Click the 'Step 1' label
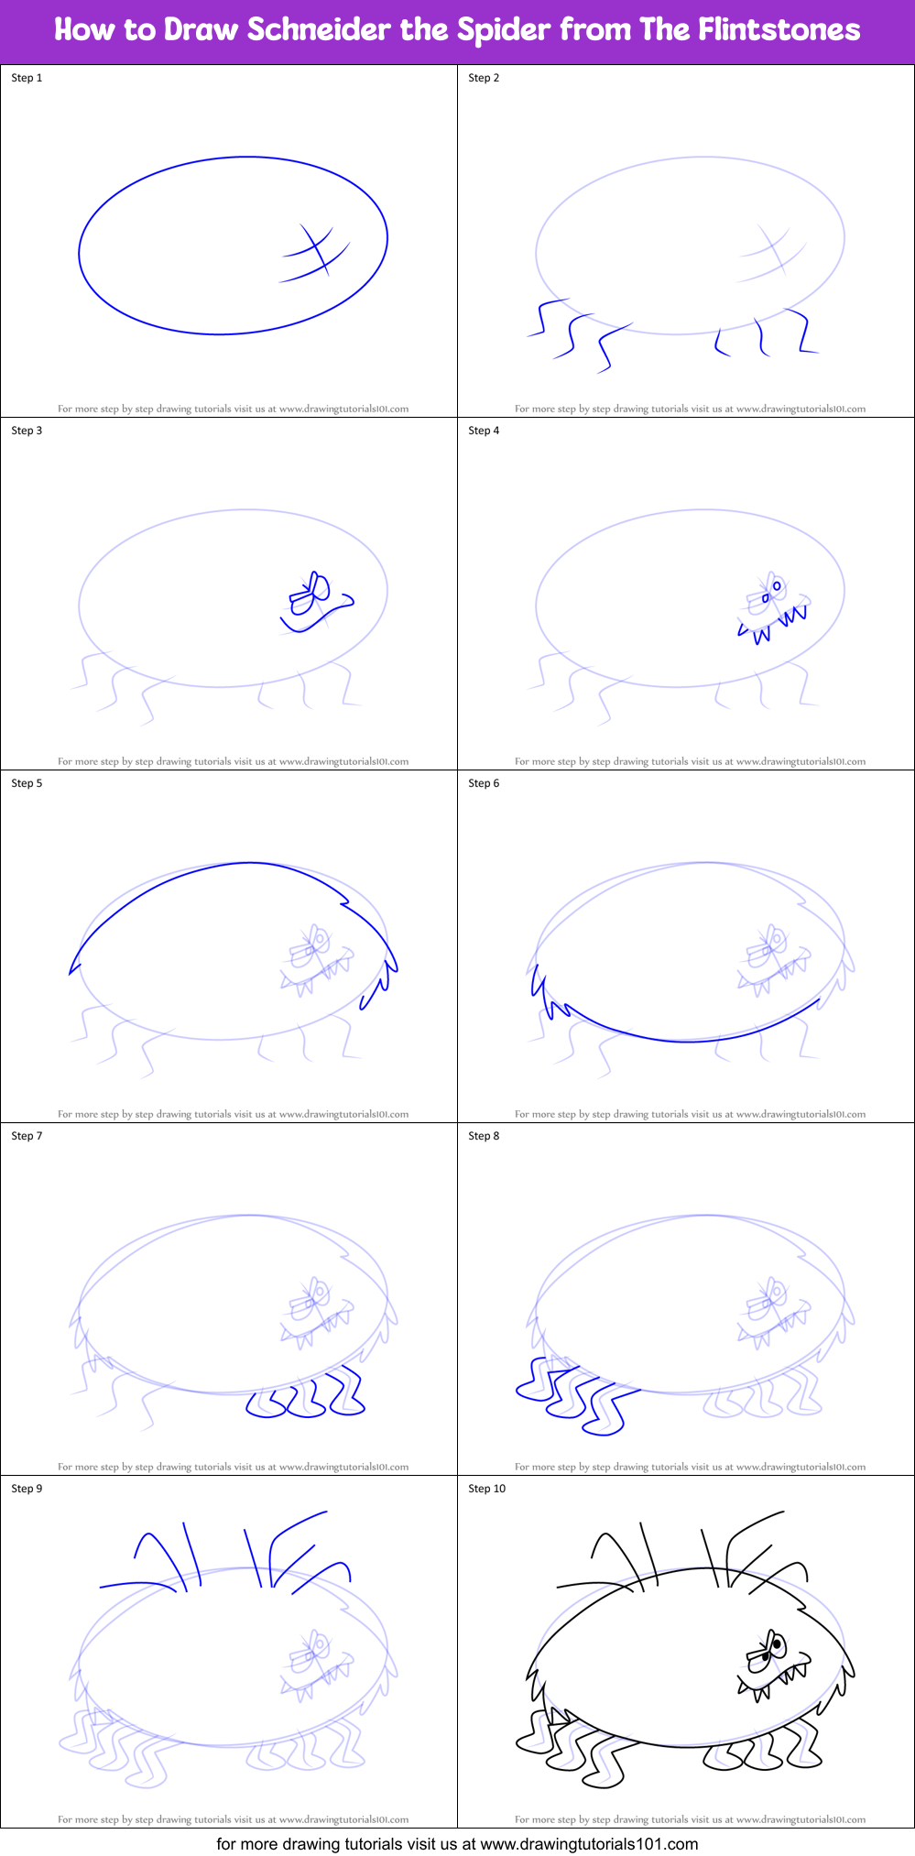point(27,78)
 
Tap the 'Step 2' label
point(484,78)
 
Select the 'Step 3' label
point(27,431)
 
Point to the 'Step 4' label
point(484,431)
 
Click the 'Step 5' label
point(27,783)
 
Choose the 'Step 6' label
point(484,783)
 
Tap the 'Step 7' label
point(27,1136)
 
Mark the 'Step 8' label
point(484,1136)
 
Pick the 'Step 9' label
point(27,1489)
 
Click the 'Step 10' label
point(486,1489)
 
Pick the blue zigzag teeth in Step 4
point(774,623)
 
